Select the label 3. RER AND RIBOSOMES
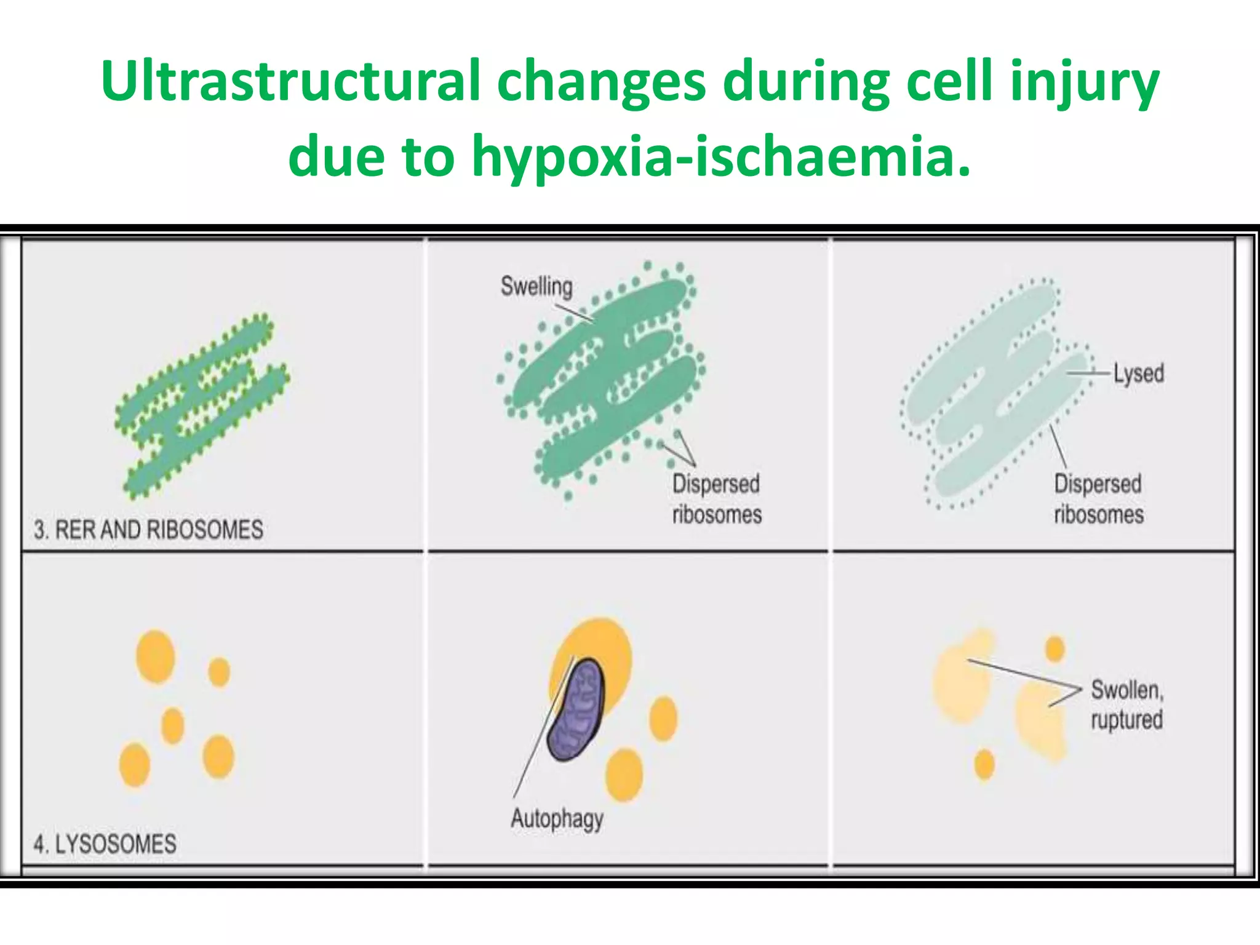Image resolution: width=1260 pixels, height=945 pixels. pyautogui.click(x=148, y=530)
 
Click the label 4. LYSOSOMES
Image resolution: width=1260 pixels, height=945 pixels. pyautogui.click(x=105, y=843)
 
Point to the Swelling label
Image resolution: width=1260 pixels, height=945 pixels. pyautogui.click(x=536, y=287)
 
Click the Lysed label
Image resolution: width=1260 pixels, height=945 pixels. pyautogui.click(x=1139, y=373)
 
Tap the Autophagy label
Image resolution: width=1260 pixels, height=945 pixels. pyautogui.click(x=557, y=819)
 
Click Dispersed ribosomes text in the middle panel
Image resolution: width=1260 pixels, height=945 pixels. pyautogui.click(x=716, y=499)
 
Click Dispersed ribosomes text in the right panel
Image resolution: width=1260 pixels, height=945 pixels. pyautogui.click(x=1098, y=499)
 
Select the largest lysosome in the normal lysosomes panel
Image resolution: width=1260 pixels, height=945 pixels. pyautogui.click(x=155, y=656)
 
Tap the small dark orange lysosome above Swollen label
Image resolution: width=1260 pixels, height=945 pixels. pyautogui.click(x=1055, y=648)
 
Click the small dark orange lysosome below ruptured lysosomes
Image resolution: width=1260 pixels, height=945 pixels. pyautogui.click(x=984, y=764)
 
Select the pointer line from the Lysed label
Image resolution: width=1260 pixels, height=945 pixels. pyautogui.click(x=1089, y=373)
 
